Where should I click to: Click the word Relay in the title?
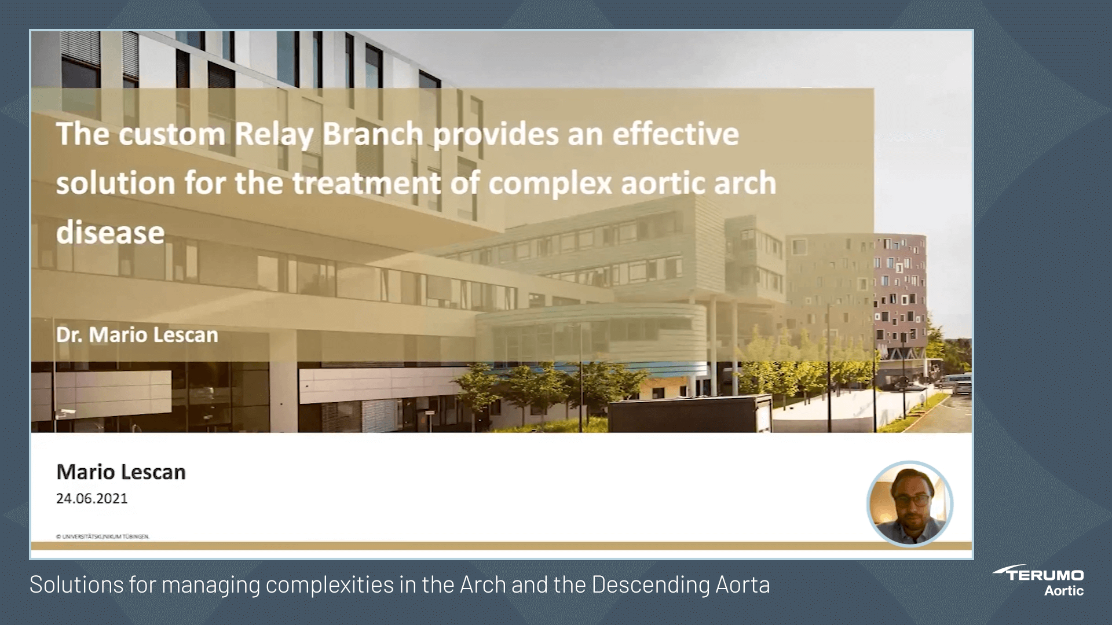coord(273,134)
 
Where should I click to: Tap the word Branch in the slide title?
coord(372,134)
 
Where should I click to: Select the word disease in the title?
coord(110,233)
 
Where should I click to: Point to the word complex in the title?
coord(550,183)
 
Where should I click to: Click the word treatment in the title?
coord(367,183)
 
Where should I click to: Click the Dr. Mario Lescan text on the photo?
coord(137,335)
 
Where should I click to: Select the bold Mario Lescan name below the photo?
coord(120,472)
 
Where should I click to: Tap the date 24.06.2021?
coord(92,499)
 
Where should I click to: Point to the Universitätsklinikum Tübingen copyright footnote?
coord(103,536)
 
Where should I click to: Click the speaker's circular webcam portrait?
coord(909,503)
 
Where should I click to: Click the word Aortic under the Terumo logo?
coord(1063,591)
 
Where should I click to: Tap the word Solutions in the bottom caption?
coord(76,585)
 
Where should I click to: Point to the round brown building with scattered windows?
coord(892,289)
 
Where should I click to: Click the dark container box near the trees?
coord(689,414)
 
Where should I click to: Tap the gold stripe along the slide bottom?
coord(501,546)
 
